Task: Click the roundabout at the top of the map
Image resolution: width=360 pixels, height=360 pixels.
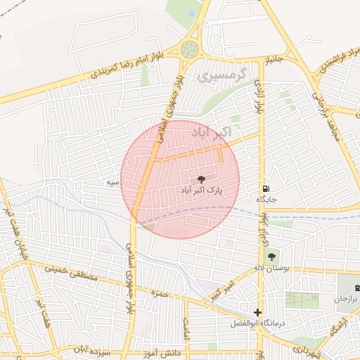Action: [x=189, y=50]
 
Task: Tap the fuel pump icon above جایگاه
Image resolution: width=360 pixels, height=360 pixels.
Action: [x=265, y=188]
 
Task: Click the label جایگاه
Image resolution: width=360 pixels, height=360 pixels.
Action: [x=266, y=200]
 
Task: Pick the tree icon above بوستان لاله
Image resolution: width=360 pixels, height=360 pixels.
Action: [x=272, y=257]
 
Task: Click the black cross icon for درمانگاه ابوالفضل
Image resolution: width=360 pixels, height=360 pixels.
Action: [x=258, y=312]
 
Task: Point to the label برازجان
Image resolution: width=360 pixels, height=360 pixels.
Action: [x=345, y=299]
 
